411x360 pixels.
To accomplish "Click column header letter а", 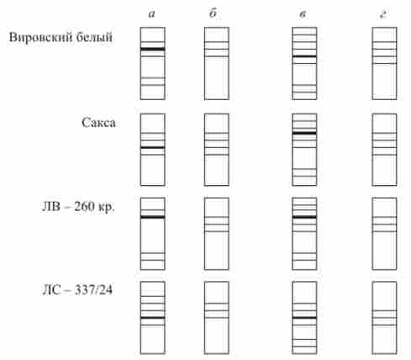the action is point(151,14).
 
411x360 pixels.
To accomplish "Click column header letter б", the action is point(213,13).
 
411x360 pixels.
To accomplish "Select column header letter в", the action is point(303,14).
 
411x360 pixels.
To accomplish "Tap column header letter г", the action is point(383,14).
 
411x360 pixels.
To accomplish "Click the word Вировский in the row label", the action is point(41,37).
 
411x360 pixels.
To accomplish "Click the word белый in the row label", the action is point(95,37).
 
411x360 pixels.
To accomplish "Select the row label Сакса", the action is point(98,123).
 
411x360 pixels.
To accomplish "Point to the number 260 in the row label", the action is point(85,207).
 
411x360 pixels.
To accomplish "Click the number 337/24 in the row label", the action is point(93,290).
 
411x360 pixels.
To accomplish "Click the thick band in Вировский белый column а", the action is point(152,49).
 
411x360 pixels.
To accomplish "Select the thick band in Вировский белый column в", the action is point(304,56).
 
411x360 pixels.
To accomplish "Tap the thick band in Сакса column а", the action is point(152,147).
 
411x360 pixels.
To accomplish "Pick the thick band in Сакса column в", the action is point(304,133).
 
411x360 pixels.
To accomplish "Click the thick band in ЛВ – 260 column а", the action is point(152,217).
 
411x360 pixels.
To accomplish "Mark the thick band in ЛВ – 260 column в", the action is point(304,217).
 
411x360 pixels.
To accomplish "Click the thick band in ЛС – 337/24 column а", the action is point(152,318).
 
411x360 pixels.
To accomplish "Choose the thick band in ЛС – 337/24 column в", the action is point(304,318).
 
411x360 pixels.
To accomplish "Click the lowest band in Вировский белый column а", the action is point(152,85).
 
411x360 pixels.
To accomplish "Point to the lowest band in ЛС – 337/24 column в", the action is point(304,347).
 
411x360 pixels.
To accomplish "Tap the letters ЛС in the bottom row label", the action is point(51,290).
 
